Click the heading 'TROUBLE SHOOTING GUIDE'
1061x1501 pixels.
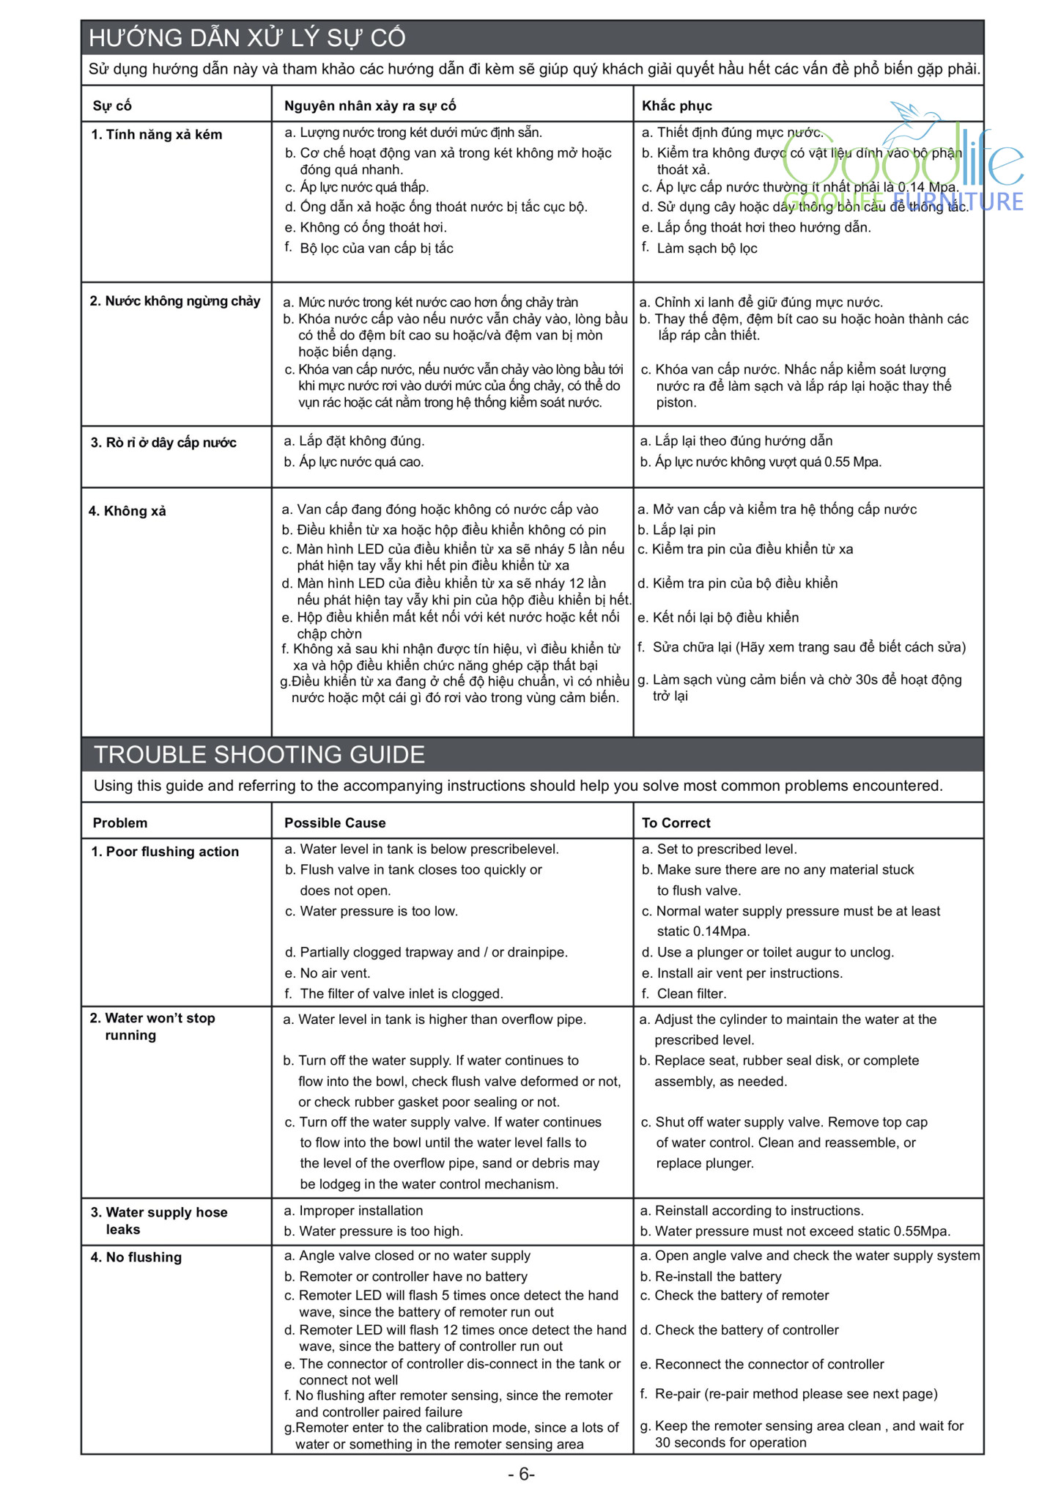pyautogui.click(x=259, y=755)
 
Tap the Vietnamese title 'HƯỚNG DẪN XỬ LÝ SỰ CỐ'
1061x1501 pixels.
pyautogui.click(x=247, y=38)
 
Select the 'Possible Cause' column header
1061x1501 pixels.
pyautogui.click(x=335, y=823)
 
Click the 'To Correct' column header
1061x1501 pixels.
pyautogui.click(x=676, y=823)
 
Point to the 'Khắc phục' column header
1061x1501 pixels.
pyautogui.click(x=676, y=106)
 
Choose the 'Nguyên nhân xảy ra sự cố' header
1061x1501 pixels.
pyautogui.click(x=370, y=106)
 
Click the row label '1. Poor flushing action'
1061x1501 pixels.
pyautogui.click(x=165, y=852)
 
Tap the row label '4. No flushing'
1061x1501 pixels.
pyautogui.click(x=136, y=1258)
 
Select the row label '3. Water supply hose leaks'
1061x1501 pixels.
pyautogui.click(x=159, y=1221)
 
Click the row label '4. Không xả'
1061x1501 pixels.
pyautogui.click(x=127, y=512)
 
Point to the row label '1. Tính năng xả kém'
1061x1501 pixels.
pyautogui.click(x=156, y=135)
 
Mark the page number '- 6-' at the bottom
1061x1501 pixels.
pyautogui.click(x=521, y=1475)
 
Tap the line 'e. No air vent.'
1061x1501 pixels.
pyautogui.click(x=328, y=973)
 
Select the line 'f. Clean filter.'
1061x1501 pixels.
pyautogui.click(x=684, y=994)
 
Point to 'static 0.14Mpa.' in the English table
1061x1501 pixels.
pyautogui.click(x=703, y=932)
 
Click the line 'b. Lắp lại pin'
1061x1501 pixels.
pyautogui.click(x=676, y=530)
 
